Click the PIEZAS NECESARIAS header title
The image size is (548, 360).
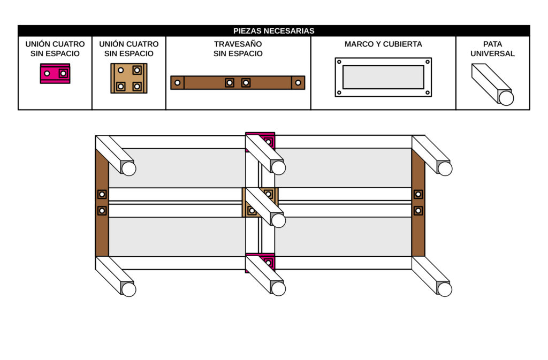[273, 31]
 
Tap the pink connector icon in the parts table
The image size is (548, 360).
[55, 73]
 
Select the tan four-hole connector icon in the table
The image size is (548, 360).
[129, 78]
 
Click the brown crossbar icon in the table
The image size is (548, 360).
[238, 82]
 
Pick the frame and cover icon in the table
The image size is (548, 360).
[383, 77]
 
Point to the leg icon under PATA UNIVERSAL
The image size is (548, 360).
[492, 85]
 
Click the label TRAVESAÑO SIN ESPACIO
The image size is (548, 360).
[238, 49]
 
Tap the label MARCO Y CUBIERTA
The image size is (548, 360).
[383, 44]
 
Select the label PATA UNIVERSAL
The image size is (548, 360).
[492, 49]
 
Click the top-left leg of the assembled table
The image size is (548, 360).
[116, 155]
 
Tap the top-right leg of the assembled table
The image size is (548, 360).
[432, 155]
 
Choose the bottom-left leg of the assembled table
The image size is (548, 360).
[116, 275]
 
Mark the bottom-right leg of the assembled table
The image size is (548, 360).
[432, 275]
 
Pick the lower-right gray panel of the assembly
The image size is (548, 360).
[342, 236]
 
